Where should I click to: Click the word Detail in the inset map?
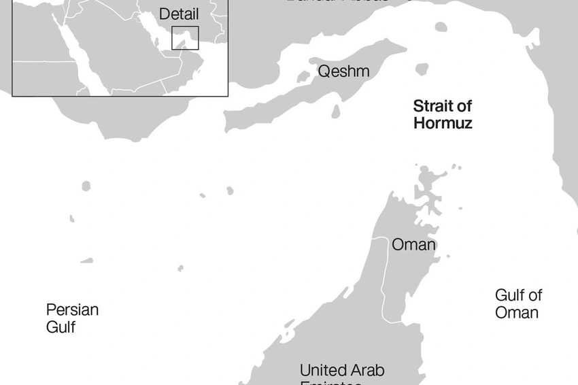pyautogui.click(x=178, y=14)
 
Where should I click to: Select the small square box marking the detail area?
pyautogui.click(x=185, y=37)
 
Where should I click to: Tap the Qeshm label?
pyautogui.click(x=343, y=71)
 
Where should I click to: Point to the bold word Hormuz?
pyautogui.click(x=442, y=124)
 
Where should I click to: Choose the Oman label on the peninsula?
pyautogui.click(x=413, y=244)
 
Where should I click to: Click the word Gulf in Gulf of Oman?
pyautogui.click(x=509, y=295)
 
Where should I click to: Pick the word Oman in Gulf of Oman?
pyautogui.click(x=517, y=313)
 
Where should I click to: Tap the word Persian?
pyautogui.click(x=72, y=310)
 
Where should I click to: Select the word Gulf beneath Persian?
pyautogui.click(x=61, y=327)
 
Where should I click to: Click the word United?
pyautogui.click(x=323, y=371)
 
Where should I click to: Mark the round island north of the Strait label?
pyautogui.click(x=422, y=69)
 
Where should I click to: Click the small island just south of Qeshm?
pyautogui.click(x=336, y=111)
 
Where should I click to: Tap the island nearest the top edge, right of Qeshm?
pyautogui.click(x=441, y=28)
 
